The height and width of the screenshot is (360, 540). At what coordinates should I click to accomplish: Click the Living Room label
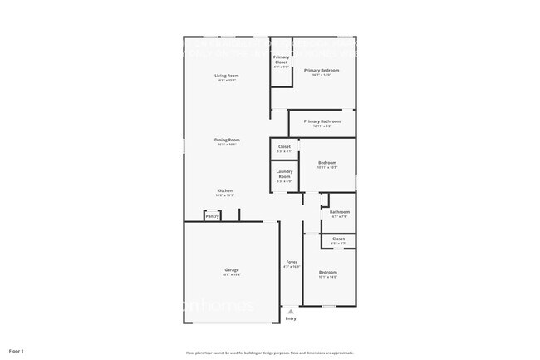tap(227, 76)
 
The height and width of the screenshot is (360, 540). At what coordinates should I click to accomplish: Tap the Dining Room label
tap(228, 140)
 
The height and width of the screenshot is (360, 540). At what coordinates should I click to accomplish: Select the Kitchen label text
tap(225, 190)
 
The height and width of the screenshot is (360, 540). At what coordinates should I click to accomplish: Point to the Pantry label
tap(213, 216)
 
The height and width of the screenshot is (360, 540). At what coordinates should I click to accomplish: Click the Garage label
tap(231, 269)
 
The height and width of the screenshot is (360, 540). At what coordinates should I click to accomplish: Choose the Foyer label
tap(292, 262)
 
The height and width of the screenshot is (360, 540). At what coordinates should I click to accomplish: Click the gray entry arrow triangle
tap(291, 312)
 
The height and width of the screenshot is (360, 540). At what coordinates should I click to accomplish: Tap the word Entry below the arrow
tap(291, 318)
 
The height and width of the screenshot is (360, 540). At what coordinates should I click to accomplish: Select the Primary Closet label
tap(281, 59)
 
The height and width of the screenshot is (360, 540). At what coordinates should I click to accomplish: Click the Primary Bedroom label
tap(322, 71)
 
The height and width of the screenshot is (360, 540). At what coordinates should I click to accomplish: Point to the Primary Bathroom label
tap(322, 121)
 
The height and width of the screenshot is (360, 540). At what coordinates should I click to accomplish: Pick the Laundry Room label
tap(284, 174)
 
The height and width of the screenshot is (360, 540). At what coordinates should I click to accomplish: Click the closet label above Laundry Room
tap(284, 146)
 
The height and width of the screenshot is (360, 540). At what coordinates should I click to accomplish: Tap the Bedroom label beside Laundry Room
tap(327, 162)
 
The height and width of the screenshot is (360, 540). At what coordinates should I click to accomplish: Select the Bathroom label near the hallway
tap(339, 212)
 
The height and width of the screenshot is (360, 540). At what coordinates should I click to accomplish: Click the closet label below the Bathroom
tap(338, 239)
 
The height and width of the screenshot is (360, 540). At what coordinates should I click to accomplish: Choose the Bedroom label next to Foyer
tap(328, 272)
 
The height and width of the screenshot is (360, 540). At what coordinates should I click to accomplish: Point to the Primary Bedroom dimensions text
tap(322, 76)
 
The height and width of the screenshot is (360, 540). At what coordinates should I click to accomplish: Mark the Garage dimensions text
tap(231, 274)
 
